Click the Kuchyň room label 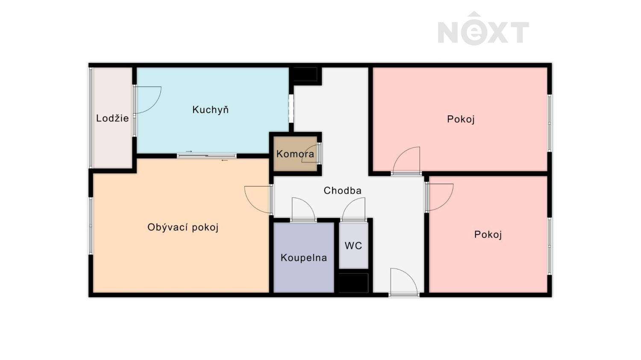(x=210, y=110)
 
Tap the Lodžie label (x=112, y=118)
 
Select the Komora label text (x=295, y=154)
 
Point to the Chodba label (x=343, y=190)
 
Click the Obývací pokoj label (x=183, y=227)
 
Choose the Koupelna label (x=303, y=258)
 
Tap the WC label (x=353, y=246)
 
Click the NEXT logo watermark (x=483, y=29)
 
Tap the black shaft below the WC (x=353, y=283)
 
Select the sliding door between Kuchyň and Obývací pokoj (x=206, y=156)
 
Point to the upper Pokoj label (x=461, y=119)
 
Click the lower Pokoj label (x=488, y=235)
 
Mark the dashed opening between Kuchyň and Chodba (x=291, y=108)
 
